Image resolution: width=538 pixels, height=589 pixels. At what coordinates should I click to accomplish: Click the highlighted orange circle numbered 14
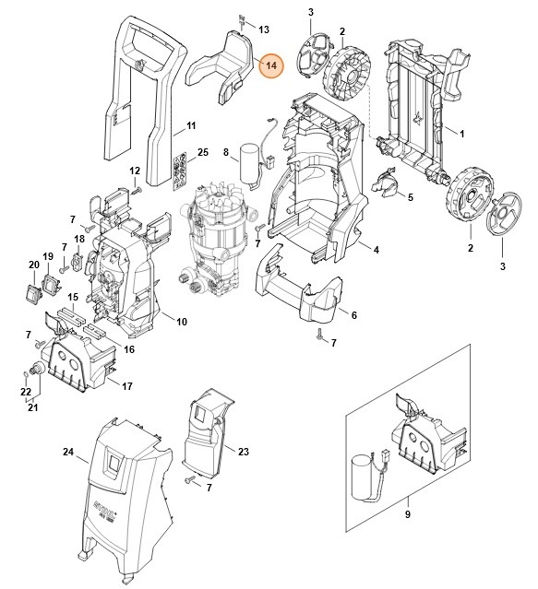click(x=272, y=66)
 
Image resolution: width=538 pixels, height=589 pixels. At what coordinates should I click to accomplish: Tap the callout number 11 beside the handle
click(x=191, y=125)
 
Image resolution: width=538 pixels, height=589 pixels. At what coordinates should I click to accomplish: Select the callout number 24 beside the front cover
click(x=67, y=452)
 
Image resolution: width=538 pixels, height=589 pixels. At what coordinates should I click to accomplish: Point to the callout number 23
click(x=244, y=451)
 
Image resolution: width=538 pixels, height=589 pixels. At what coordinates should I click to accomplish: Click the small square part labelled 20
click(x=35, y=291)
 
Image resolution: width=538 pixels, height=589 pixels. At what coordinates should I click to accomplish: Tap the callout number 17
click(x=127, y=386)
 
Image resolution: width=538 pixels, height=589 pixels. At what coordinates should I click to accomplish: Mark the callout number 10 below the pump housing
click(x=181, y=321)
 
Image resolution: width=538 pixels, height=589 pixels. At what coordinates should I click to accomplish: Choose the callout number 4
click(x=376, y=249)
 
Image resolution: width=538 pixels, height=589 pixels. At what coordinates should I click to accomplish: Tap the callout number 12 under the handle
click(x=135, y=171)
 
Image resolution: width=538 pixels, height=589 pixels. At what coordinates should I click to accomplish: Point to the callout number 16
click(x=129, y=349)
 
